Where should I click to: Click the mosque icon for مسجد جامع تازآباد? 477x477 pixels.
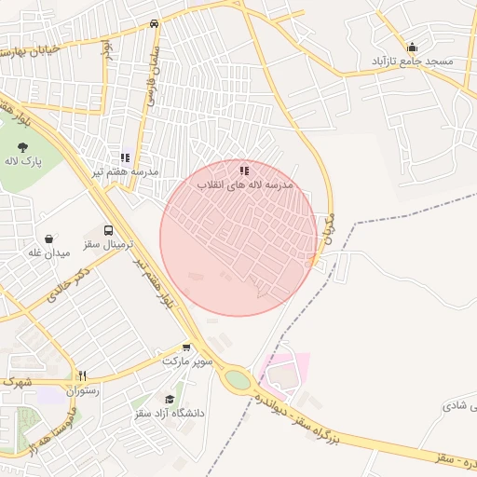click(412, 48)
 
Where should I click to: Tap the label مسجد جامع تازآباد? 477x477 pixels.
click(412, 61)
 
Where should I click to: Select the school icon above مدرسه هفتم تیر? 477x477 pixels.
click(125, 158)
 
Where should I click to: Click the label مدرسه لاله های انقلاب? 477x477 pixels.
click(244, 185)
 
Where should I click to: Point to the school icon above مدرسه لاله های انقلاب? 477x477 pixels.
click(244, 170)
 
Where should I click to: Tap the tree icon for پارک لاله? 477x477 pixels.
click(22, 146)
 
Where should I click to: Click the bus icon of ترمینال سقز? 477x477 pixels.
click(109, 229)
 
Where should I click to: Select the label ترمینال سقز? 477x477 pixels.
click(110, 244)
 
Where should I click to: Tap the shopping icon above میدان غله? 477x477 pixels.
click(48, 238)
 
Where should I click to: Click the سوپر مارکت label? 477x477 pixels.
click(188, 360)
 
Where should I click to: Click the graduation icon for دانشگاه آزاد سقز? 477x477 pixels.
click(169, 399)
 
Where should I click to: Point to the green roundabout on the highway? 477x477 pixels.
click(238, 380)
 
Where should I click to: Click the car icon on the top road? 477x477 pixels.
click(154, 24)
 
